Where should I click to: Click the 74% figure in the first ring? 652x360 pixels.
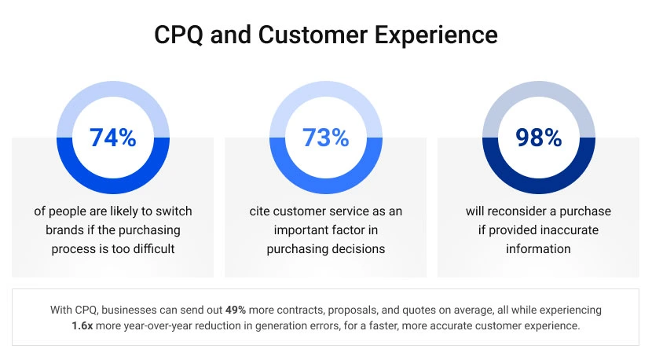(x=112, y=138)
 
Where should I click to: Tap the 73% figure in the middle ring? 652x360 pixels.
(x=325, y=138)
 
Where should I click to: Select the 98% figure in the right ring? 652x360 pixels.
(x=538, y=138)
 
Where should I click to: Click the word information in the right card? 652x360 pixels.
(x=538, y=248)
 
